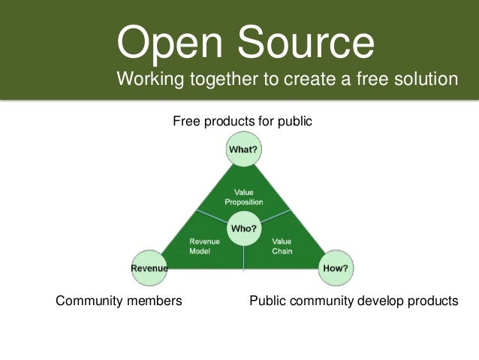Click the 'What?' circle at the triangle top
243,150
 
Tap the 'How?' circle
336,268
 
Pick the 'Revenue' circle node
149,268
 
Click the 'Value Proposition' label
243,197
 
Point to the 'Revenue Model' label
204,247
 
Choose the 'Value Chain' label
282,247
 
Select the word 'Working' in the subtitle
150,79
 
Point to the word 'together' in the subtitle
221,79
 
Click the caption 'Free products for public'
242,121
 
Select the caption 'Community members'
119,301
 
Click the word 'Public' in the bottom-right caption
266,301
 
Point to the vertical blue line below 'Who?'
244,258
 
